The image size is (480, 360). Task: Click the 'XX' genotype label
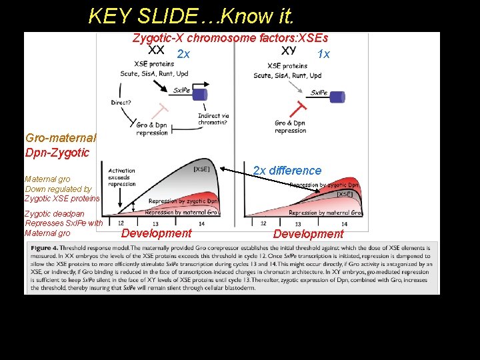pyautogui.click(x=156, y=50)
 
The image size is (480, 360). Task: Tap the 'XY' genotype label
pyautogui.click(x=289, y=51)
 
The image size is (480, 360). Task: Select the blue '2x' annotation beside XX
pyautogui.click(x=183, y=54)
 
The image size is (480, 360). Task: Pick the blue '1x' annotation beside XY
pyautogui.click(x=323, y=54)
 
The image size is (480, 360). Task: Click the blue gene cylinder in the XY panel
pyautogui.click(x=338, y=97)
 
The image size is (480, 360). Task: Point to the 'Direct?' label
pyautogui.click(x=121, y=102)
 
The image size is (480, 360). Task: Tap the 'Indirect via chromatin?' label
pyautogui.click(x=213, y=119)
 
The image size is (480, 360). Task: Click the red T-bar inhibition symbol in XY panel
pyautogui.click(x=301, y=107)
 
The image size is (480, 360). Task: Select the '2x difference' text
pyautogui.click(x=287, y=171)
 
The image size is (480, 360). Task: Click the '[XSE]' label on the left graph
pyautogui.click(x=201, y=169)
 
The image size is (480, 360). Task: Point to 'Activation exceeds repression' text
pyautogui.click(x=121, y=177)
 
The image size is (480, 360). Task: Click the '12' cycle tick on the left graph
pyautogui.click(x=121, y=223)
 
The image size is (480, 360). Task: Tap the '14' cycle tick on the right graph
pyautogui.click(x=344, y=224)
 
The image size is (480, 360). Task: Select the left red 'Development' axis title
pyautogui.click(x=156, y=233)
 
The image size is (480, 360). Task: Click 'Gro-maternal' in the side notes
pyautogui.click(x=61, y=138)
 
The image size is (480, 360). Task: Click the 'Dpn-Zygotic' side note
pyautogui.click(x=57, y=153)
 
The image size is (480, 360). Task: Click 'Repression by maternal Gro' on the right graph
pyautogui.click(x=325, y=213)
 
